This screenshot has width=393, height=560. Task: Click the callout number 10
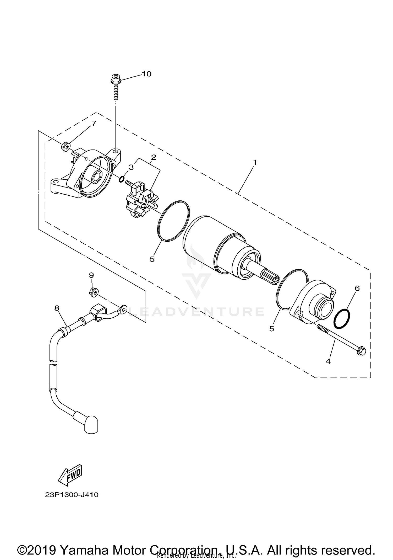pyautogui.click(x=147, y=74)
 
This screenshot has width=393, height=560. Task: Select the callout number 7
pyautogui.click(x=94, y=123)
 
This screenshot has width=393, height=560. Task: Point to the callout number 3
pyautogui.click(x=131, y=167)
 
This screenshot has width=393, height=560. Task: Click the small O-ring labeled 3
pyautogui.click(x=121, y=179)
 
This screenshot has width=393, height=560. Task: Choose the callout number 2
pyautogui.click(x=154, y=157)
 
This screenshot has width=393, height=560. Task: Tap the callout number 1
pyautogui.click(x=255, y=162)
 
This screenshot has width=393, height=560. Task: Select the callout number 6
pyautogui.click(x=357, y=288)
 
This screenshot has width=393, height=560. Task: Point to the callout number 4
pyautogui.click(x=328, y=361)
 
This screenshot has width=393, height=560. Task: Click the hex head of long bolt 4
pyautogui.click(x=361, y=351)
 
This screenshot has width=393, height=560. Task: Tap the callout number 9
pyautogui.click(x=91, y=275)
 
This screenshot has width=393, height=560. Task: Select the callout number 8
pyautogui.click(x=57, y=308)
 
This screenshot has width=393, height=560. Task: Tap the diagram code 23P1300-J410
pyautogui.click(x=72, y=495)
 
